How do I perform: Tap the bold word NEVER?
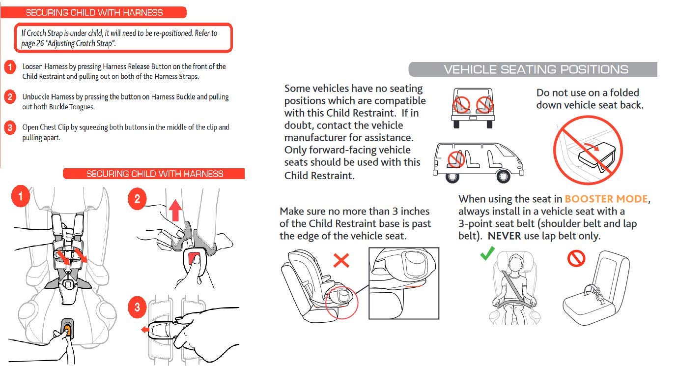pyautogui.click(x=504, y=236)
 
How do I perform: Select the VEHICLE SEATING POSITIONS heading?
pyautogui.click(x=536, y=69)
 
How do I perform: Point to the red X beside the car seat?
pyautogui.click(x=341, y=260)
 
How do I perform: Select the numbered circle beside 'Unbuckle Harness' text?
pyautogui.click(x=10, y=97)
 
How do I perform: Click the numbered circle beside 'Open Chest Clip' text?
pyautogui.click(x=10, y=128)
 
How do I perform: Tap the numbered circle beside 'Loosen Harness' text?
pyautogui.click(x=10, y=67)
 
